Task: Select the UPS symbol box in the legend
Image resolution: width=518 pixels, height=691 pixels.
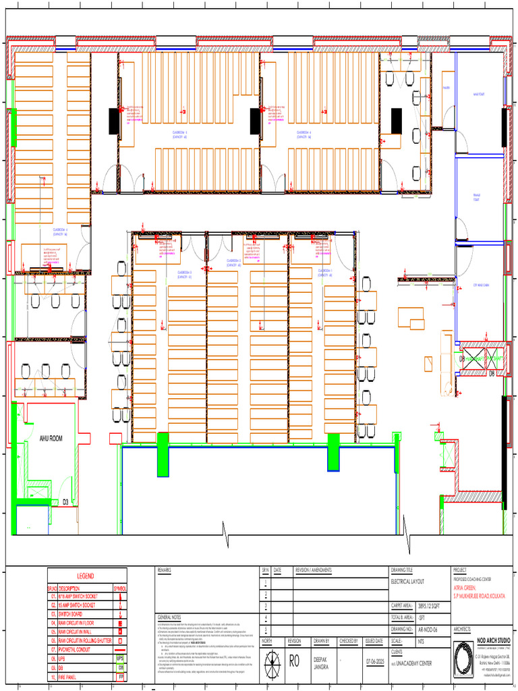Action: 120,658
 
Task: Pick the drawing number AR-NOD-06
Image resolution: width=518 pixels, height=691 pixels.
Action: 432,628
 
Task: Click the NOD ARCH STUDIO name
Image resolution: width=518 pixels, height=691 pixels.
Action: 494,638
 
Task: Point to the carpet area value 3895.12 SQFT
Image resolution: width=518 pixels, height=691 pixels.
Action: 432,606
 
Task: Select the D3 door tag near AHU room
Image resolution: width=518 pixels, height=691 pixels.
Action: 66,502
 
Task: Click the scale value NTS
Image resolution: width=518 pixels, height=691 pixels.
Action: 422,640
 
